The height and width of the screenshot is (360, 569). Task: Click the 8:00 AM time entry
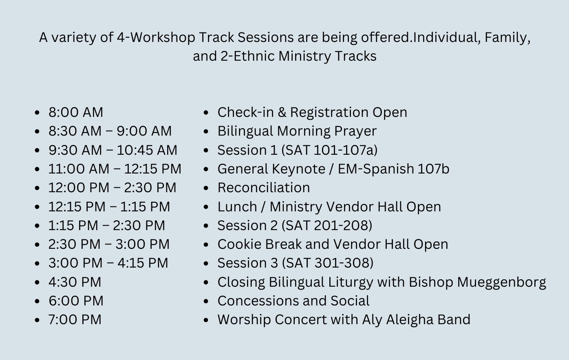pyautogui.click(x=76, y=112)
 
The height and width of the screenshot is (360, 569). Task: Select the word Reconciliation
pyautogui.click(x=264, y=188)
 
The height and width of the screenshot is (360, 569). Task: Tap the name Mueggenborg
pyautogui.click(x=501, y=282)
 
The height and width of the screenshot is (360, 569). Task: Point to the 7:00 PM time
pyautogui.click(x=75, y=319)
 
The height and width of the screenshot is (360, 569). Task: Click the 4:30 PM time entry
pyautogui.click(x=75, y=282)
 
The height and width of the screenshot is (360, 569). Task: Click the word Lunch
pyautogui.click(x=237, y=206)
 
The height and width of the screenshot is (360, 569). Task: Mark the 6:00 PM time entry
pyautogui.click(x=76, y=301)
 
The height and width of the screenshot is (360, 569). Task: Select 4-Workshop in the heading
pyautogui.click(x=156, y=37)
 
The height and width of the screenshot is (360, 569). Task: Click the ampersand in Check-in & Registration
pyautogui.click(x=282, y=112)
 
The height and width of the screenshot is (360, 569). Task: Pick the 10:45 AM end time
pyautogui.click(x=147, y=150)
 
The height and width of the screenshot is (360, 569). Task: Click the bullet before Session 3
pyautogui.click(x=206, y=263)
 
